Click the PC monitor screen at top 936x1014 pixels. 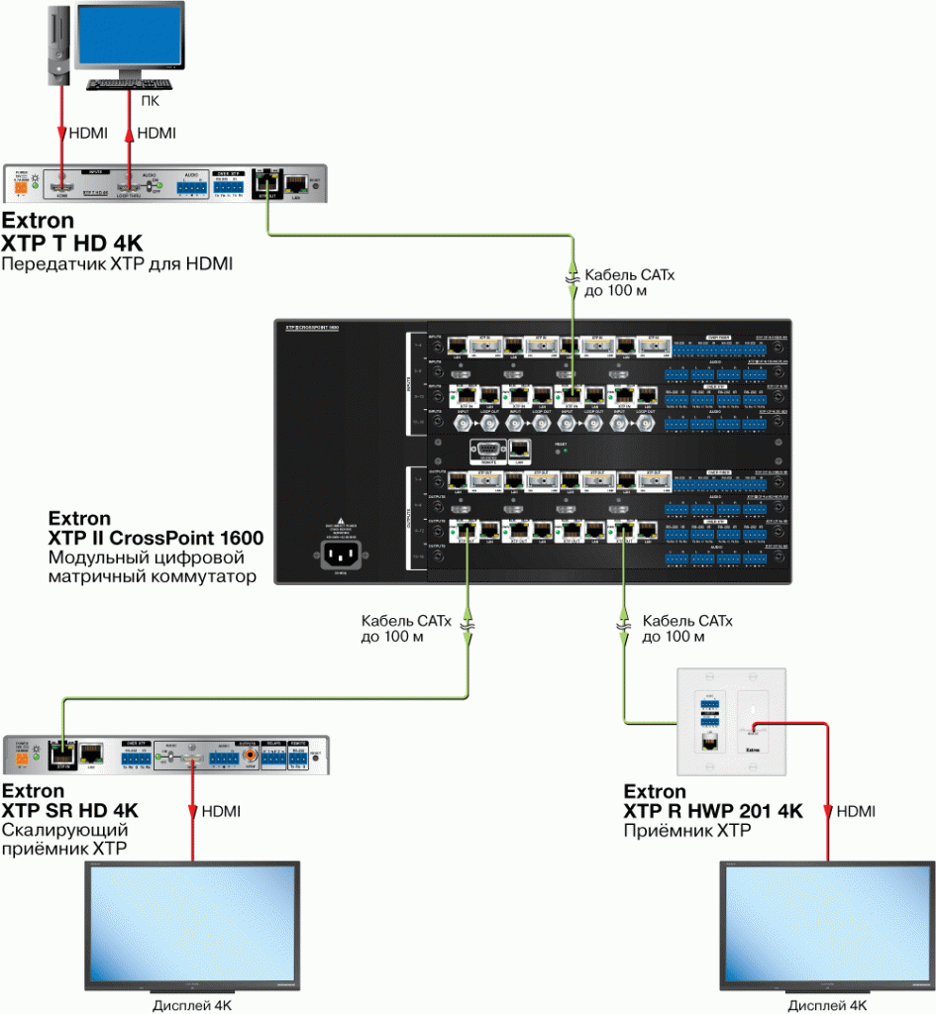(134, 38)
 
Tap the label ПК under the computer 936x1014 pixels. (149, 100)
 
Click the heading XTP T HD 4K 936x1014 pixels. (73, 242)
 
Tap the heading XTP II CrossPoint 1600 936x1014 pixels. (156, 538)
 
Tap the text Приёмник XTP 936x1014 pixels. (685, 832)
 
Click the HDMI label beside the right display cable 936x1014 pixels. (856, 812)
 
